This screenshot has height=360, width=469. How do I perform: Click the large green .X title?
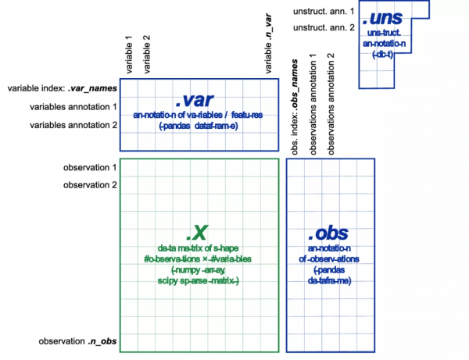click(x=197, y=232)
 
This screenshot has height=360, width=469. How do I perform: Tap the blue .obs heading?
click(x=328, y=233)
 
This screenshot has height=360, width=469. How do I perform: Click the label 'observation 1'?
click(x=90, y=167)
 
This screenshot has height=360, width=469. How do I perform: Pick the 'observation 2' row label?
click(x=90, y=185)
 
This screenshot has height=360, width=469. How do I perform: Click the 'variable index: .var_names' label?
click(x=61, y=89)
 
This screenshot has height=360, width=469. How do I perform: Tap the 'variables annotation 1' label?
click(x=73, y=107)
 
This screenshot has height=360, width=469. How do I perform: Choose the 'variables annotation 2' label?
click(x=73, y=125)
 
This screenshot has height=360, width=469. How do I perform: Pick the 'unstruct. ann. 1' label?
click(x=323, y=12)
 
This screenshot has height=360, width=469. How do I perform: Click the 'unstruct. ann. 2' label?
click(x=323, y=29)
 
